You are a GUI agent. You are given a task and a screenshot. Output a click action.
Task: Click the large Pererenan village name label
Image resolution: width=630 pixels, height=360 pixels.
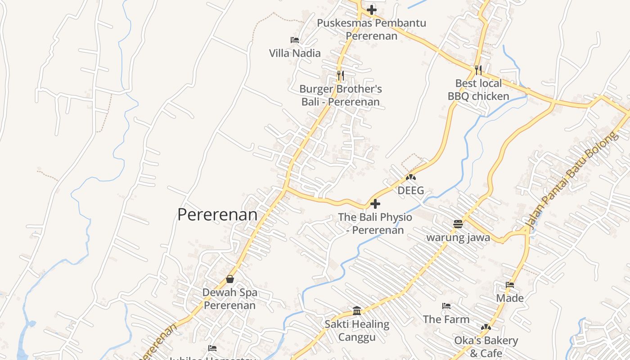click(x=217, y=215)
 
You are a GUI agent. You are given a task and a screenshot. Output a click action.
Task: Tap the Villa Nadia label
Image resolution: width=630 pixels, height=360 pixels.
click(x=295, y=53)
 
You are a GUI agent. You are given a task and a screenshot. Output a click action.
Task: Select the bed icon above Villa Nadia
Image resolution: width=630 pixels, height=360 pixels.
click(x=295, y=40)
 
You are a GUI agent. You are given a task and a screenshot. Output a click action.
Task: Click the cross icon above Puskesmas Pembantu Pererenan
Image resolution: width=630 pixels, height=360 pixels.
click(x=371, y=9)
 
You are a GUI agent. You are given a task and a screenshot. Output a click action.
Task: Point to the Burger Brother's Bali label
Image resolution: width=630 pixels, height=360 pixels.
click(x=341, y=95)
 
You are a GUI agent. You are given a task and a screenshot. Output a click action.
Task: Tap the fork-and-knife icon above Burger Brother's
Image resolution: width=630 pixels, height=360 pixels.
click(x=341, y=75)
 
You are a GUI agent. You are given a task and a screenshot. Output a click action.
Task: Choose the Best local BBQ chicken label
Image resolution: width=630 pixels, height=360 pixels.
click(x=478, y=90)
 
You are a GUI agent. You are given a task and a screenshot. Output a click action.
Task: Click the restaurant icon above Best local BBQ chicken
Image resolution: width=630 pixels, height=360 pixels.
click(x=478, y=70)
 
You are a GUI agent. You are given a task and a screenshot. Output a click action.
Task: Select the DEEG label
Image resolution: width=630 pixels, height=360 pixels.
click(x=410, y=190)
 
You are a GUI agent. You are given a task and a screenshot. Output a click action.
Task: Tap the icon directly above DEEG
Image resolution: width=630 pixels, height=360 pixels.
click(x=410, y=177)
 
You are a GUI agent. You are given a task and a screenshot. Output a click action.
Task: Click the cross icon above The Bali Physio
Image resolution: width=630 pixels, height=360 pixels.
click(x=375, y=204)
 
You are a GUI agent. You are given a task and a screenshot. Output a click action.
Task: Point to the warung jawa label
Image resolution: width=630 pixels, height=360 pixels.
click(x=458, y=237)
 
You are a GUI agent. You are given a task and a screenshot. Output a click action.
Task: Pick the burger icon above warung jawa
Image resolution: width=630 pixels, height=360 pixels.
click(x=458, y=224)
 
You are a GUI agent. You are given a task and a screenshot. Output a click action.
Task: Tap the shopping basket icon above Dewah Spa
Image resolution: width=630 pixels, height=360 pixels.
click(x=230, y=279)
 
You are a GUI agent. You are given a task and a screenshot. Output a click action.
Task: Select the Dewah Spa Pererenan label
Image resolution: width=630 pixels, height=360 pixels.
click(x=230, y=299)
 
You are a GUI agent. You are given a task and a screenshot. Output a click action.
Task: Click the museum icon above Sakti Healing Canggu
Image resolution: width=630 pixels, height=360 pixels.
click(x=357, y=310)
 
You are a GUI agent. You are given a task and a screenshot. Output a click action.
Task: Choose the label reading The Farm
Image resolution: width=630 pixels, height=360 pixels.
click(x=446, y=319)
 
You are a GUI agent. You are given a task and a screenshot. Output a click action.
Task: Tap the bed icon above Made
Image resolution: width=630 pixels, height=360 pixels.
click(x=510, y=285)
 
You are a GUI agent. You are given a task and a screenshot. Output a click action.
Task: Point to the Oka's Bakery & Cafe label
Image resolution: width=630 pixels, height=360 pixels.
click(x=486, y=346)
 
